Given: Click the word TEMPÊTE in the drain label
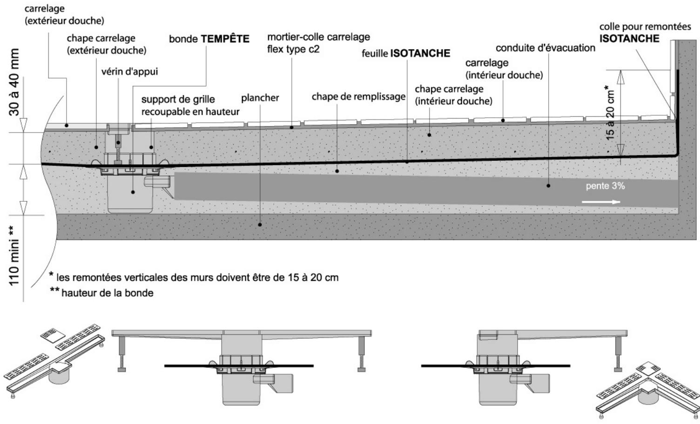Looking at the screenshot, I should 225,39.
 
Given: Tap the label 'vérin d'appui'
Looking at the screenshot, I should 130,72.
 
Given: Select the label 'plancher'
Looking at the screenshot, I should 260,98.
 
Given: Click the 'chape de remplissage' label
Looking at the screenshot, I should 358,97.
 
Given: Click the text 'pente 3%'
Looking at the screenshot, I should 605,186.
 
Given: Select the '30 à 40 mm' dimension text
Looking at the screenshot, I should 15,81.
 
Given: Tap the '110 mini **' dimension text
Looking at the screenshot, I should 15,256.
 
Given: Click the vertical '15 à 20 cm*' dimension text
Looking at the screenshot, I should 611,112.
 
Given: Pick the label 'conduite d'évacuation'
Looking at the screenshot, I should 545,48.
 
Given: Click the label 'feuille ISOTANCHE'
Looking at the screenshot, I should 406,53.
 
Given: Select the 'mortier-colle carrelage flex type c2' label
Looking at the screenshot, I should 318,43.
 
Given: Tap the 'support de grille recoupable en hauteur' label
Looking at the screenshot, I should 190,106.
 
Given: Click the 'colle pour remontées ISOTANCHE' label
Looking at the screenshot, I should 645,33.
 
